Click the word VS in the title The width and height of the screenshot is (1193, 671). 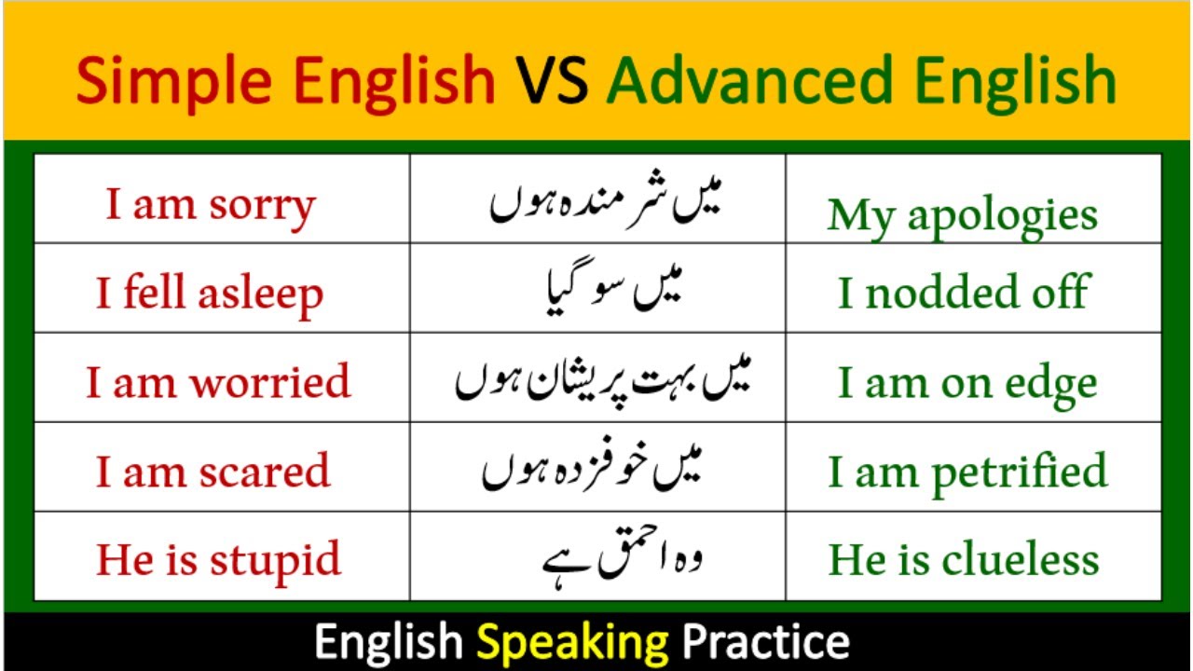coord(550,80)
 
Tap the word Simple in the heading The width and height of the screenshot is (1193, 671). coord(178,80)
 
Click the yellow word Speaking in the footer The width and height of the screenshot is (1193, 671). coord(572,642)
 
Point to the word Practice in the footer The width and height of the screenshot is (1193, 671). coord(766,642)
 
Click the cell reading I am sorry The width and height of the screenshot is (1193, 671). coord(211,206)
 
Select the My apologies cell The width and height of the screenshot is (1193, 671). coord(962,215)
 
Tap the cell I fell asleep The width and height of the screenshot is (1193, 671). coord(210,294)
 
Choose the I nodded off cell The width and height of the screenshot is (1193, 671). coord(962,293)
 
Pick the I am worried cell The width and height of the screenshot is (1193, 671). coord(218,382)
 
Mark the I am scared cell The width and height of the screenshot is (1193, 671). coord(213,472)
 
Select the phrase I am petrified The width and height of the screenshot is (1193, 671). coord(967,472)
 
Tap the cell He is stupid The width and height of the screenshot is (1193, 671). coord(218,560)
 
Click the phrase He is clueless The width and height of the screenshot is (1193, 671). coord(964,560)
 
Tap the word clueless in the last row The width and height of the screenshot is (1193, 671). coord(1020,560)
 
